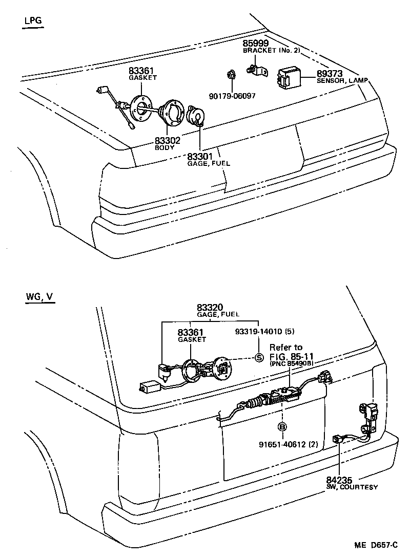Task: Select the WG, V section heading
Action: (38, 297)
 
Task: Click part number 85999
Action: (255, 44)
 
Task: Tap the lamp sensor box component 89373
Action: (289, 78)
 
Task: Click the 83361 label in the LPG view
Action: (141, 71)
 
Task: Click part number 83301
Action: (199, 156)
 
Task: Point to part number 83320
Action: (210, 308)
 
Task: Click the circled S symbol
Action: (259, 357)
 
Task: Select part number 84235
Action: (339, 480)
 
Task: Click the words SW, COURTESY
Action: (352, 487)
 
